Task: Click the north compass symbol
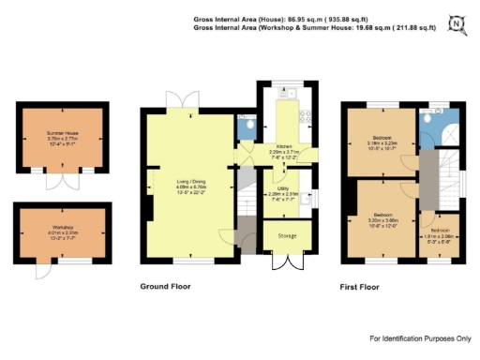[x=457, y=23]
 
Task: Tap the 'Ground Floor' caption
[x=167, y=286]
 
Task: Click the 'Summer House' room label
[x=62, y=133]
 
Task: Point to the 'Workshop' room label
[x=63, y=228]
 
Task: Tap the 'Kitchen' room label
[x=283, y=146]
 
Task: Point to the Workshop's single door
[x=40, y=270]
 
